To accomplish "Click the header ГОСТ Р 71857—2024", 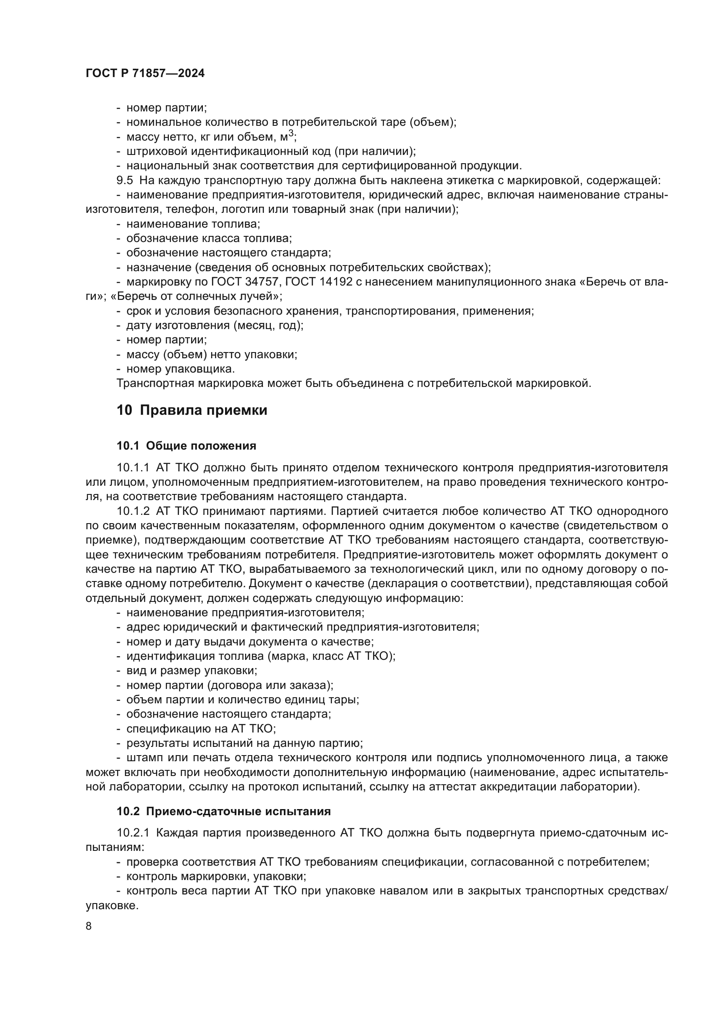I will pyautogui.click(x=145, y=74).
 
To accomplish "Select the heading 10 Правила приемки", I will pyautogui.click(x=192, y=410).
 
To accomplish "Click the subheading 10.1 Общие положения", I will pyautogui.click(x=186, y=446).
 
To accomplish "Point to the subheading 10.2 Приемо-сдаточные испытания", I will pyautogui.click(x=223, y=811).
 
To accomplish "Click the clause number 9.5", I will pyautogui.click(x=124, y=181).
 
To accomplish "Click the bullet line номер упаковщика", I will pyautogui.click(x=181, y=369).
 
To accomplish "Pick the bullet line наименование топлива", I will pyautogui.click(x=193, y=224).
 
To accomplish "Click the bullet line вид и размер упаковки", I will pyautogui.click(x=192, y=670).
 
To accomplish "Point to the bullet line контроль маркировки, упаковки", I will pyautogui.click(x=216, y=876).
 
